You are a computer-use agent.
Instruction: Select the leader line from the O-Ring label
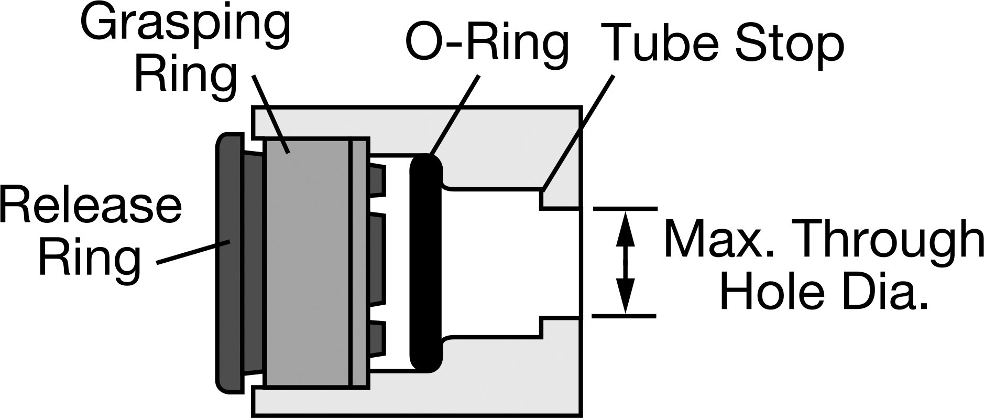pyautogui.click(x=454, y=115)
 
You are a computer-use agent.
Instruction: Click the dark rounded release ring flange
pyautogui.click(x=230, y=262)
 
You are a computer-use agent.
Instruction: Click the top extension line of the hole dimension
pyautogui.click(x=625, y=209)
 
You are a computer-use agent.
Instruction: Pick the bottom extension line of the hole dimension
pyautogui.click(x=625, y=316)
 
